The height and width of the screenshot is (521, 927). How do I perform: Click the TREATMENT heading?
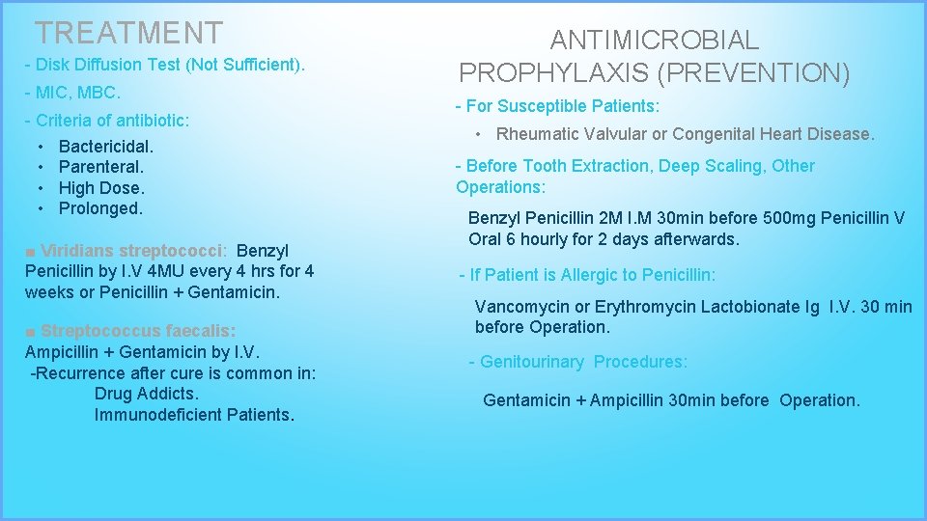point(128,33)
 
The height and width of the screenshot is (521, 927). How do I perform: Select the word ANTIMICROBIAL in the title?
point(655,41)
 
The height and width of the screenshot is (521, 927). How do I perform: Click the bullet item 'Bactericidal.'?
point(106,148)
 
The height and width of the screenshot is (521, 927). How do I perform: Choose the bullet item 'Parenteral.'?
point(100,168)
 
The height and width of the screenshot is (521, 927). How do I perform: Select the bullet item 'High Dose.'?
point(101,188)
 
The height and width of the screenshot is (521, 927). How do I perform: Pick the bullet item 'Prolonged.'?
point(100,208)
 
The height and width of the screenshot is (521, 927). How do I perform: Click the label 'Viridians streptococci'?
point(132,251)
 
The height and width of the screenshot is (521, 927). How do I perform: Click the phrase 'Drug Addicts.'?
point(147,394)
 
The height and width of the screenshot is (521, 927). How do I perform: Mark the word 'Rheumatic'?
point(534,134)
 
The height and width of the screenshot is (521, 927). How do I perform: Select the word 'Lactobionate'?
point(748,307)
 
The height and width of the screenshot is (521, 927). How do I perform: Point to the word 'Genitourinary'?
point(532,362)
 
